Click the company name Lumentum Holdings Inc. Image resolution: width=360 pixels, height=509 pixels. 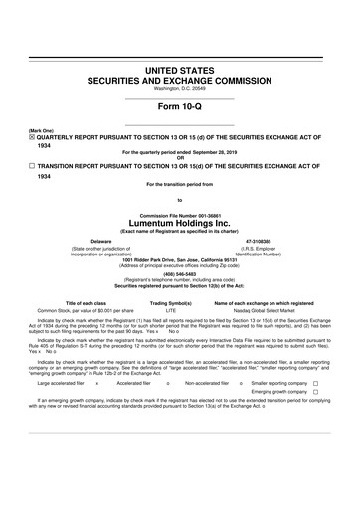(x=180, y=223)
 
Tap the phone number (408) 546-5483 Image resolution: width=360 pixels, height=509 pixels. (x=180, y=274)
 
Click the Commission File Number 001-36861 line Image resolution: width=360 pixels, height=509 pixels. (x=180, y=215)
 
